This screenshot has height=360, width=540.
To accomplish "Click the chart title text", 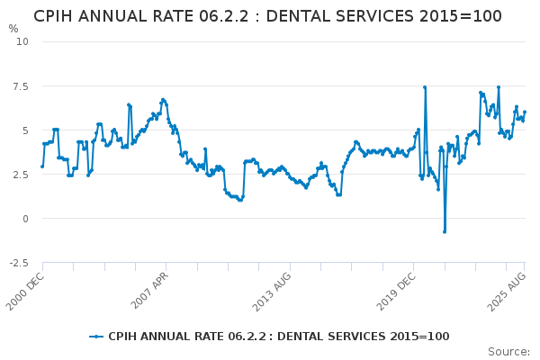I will [x=268, y=16].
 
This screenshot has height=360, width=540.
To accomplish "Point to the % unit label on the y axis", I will [x=13, y=29].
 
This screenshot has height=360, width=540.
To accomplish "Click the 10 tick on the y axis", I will [x=22, y=41].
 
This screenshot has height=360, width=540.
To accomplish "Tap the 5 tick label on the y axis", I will [x=25, y=130].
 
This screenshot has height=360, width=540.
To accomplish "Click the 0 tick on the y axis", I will [x=25, y=219].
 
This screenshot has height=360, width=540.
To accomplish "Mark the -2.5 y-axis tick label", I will [x=18, y=263].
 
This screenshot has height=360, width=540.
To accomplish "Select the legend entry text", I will [x=278, y=337].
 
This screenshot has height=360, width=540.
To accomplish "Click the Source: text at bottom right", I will [x=508, y=352].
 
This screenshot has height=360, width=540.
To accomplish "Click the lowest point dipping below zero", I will [x=444, y=231].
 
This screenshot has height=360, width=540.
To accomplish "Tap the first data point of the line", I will [x=41, y=166].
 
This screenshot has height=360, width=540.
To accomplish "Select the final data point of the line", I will [x=525, y=112].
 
